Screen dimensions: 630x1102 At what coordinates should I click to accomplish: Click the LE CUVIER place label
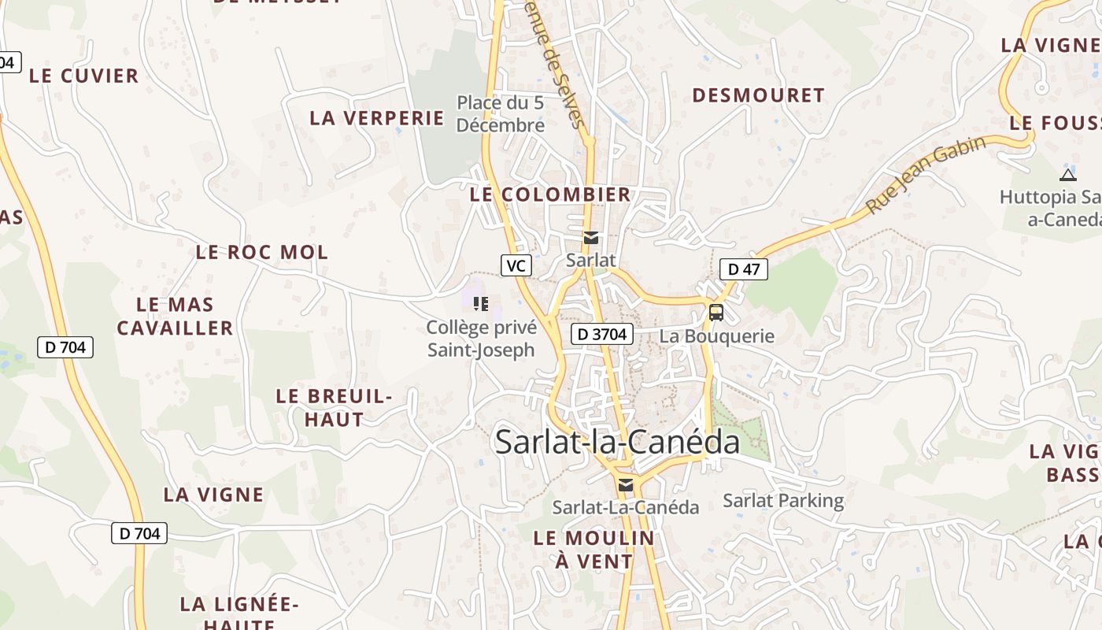pyautogui.click(x=83, y=76)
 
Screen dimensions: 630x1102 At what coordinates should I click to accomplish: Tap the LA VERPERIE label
pyautogui.click(x=377, y=118)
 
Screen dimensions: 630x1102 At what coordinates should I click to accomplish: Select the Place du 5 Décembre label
pyautogui.click(x=500, y=113)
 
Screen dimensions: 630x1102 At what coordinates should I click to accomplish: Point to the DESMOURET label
pyautogui.click(x=758, y=95)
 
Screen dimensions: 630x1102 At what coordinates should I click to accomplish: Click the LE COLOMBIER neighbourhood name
pyautogui.click(x=550, y=195)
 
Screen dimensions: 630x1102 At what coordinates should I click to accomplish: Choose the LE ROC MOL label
pyautogui.click(x=261, y=253)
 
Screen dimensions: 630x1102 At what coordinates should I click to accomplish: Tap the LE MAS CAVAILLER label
pyautogui.click(x=175, y=316)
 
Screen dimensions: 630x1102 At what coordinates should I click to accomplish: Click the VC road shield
pyautogui.click(x=516, y=265)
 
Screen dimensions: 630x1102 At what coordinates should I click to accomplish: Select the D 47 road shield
pyautogui.click(x=744, y=269)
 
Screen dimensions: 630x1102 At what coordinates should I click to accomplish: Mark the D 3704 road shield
pyautogui.click(x=601, y=334)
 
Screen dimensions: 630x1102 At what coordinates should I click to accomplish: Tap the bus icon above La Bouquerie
pyautogui.click(x=716, y=312)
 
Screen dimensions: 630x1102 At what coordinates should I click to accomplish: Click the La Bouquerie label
pyautogui.click(x=716, y=336)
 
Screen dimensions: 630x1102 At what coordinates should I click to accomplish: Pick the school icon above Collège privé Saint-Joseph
pyautogui.click(x=481, y=303)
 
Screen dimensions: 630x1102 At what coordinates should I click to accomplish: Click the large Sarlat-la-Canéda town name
pyautogui.click(x=617, y=442)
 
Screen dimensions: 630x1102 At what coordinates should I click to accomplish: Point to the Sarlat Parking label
pyautogui.click(x=782, y=500)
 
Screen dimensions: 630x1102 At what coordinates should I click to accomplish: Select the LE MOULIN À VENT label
pyautogui.click(x=594, y=550)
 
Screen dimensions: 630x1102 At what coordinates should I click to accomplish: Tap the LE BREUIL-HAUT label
pyautogui.click(x=334, y=407)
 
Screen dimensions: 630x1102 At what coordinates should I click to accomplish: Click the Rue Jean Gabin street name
pyautogui.click(x=926, y=175)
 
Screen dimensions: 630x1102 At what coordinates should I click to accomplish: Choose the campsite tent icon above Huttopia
pyautogui.click(x=1067, y=175)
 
